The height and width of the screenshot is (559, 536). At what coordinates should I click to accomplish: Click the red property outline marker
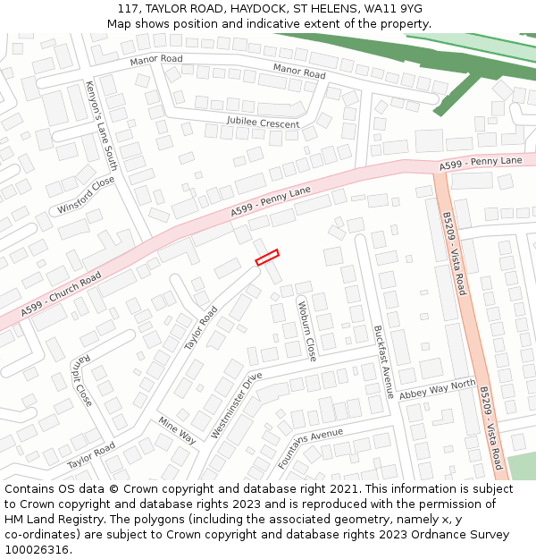[x=267, y=258]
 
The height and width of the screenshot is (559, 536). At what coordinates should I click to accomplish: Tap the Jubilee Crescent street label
[x=263, y=123]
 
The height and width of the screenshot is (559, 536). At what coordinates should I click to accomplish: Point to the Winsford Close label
[x=87, y=195]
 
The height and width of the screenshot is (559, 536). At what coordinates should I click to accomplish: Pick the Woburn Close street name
[x=306, y=332]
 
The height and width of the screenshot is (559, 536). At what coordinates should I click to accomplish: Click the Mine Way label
[x=177, y=429]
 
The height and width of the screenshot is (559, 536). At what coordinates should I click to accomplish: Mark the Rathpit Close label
[x=81, y=381]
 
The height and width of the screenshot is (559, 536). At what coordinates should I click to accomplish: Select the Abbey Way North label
[x=438, y=390]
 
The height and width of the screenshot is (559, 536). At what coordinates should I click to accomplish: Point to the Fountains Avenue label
[x=310, y=449]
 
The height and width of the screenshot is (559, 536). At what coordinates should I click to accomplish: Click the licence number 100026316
[x=37, y=550]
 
